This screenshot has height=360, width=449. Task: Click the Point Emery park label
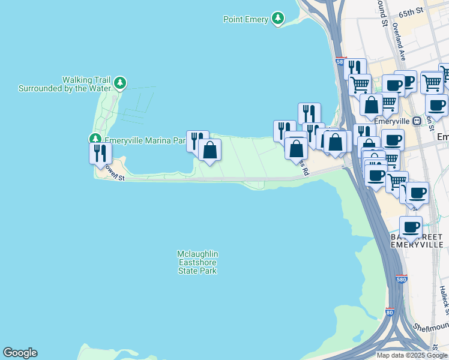(246, 19)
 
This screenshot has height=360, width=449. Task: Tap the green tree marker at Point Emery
(277, 19)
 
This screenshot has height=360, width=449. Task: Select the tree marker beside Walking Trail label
(120, 83)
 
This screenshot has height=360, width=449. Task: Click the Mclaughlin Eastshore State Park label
(197, 262)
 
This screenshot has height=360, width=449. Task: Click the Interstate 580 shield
(403, 280)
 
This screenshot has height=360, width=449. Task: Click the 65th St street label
(411, 11)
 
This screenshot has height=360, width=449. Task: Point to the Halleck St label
(443, 300)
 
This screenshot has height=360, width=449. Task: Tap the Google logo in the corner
(20, 353)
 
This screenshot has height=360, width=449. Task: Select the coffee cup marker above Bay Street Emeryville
(411, 227)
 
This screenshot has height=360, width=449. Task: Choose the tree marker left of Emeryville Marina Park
(95, 139)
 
